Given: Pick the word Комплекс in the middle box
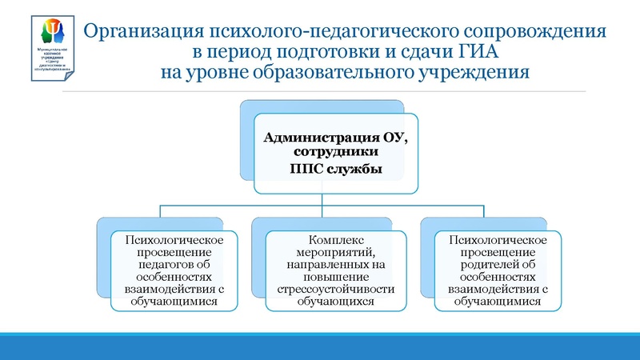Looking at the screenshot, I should click(x=335, y=240).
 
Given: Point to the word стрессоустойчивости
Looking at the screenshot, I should click(x=335, y=289).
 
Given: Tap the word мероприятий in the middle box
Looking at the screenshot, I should click(x=335, y=252).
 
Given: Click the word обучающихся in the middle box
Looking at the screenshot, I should click(x=335, y=302).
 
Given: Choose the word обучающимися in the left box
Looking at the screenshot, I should click(x=169, y=302).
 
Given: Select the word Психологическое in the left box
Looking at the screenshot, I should click(x=169, y=240).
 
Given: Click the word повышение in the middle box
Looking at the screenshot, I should click(x=335, y=277).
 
